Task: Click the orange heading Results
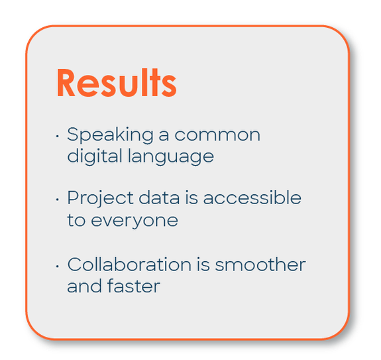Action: click(x=117, y=83)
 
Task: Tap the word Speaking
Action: click(x=110, y=135)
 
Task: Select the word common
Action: click(x=217, y=135)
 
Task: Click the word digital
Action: click(x=95, y=156)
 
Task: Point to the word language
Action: click(x=171, y=156)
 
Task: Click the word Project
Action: click(x=100, y=198)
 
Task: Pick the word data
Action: click(x=159, y=198)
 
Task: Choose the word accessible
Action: click(x=252, y=198)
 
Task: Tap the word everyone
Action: click(x=135, y=221)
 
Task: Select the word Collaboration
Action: click(x=129, y=264)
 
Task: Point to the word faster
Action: click(x=134, y=286)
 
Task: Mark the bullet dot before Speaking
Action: click(x=58, y=136)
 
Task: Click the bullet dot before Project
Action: click(x=58, y=200)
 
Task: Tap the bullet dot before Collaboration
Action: click(x=58, y=267)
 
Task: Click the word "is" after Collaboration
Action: click(x=203, y=264)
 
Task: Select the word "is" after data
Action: click(x=191, y=198)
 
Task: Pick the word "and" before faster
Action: click(x=85, y=286)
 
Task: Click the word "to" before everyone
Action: click(x=76, y=221)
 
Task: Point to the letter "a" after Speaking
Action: click(x=164, y=135)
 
